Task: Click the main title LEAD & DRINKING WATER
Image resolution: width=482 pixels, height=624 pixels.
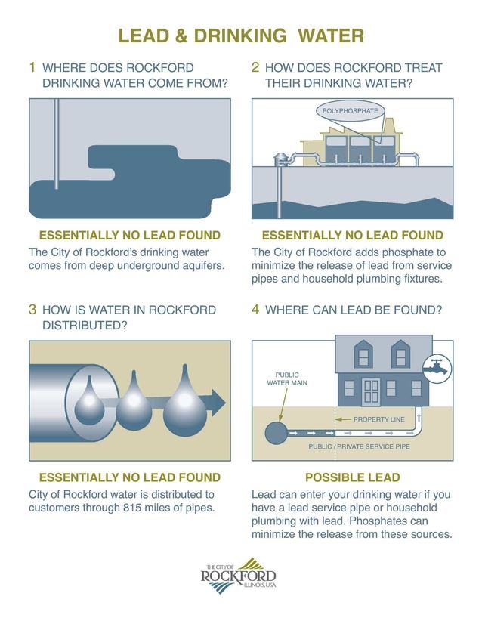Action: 241,36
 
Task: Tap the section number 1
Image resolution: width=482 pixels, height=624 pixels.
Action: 32,67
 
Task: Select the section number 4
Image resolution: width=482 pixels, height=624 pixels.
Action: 255,309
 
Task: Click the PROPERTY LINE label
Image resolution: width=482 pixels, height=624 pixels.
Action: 382,419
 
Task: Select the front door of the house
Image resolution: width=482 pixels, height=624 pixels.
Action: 371,390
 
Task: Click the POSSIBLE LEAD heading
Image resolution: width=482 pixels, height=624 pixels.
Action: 352,477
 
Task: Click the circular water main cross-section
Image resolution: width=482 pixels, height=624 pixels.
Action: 275,434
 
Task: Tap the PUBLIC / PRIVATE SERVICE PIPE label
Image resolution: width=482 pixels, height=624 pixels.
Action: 359,447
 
